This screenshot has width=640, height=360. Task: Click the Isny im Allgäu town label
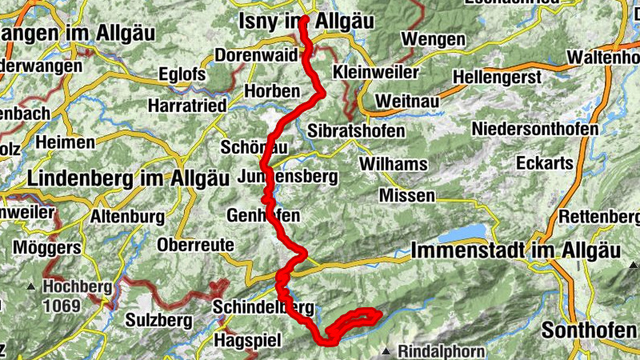(306, 23)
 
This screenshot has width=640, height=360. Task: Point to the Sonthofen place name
(590, 330)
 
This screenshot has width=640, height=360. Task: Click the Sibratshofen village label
(356, 130)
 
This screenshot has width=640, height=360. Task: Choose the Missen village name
(407, 196)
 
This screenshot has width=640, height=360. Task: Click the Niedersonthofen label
(535, 129)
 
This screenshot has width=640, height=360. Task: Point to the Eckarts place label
(546, 162)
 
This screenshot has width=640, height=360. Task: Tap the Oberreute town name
(196, 244)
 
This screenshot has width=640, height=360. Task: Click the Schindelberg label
(263, 307)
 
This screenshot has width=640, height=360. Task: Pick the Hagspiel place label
(248, 341)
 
